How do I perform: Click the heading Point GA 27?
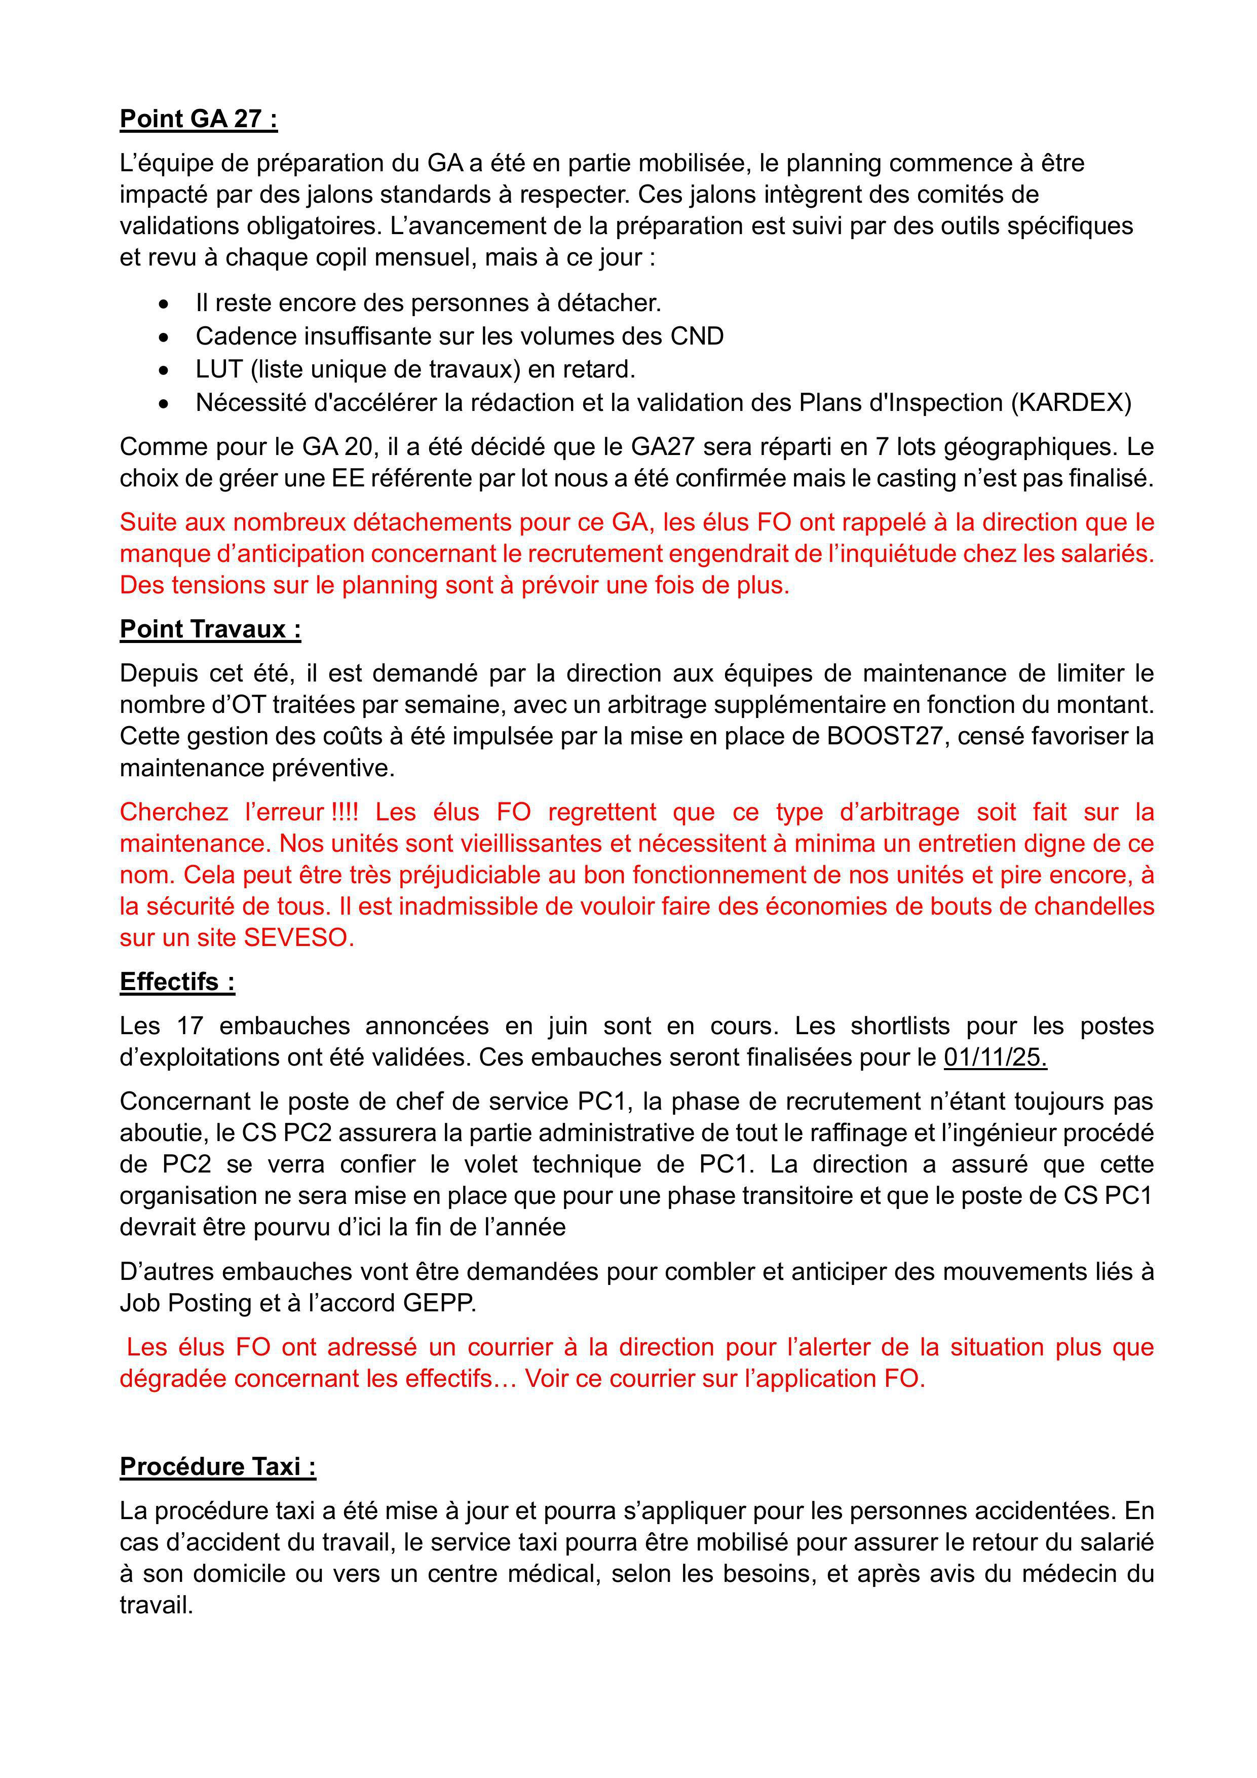(198, 119)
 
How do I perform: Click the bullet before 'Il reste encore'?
(164, 304)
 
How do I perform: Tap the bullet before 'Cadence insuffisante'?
(164, 337)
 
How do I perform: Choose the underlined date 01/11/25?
(995, 1057)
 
